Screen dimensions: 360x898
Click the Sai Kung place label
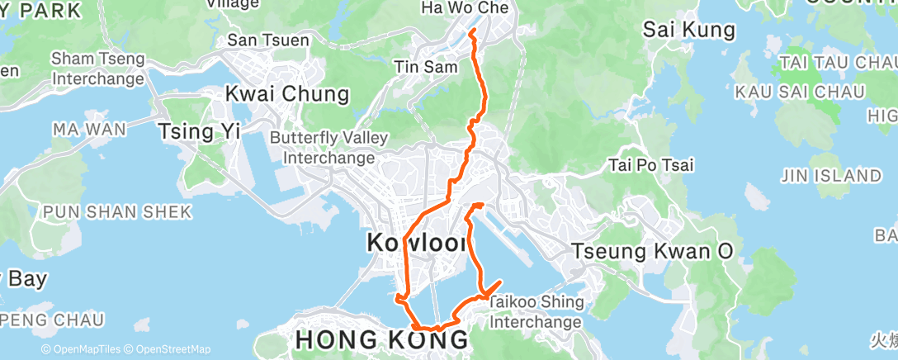click(688, 31)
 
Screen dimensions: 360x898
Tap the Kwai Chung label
click(286, 93)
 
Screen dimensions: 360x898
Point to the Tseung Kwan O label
click(652, 251)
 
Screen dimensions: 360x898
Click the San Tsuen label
click(268, 40)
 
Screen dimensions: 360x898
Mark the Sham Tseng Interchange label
click(98, 69)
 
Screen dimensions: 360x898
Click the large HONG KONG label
click(382, 339)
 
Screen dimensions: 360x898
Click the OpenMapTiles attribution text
click(83, 350)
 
